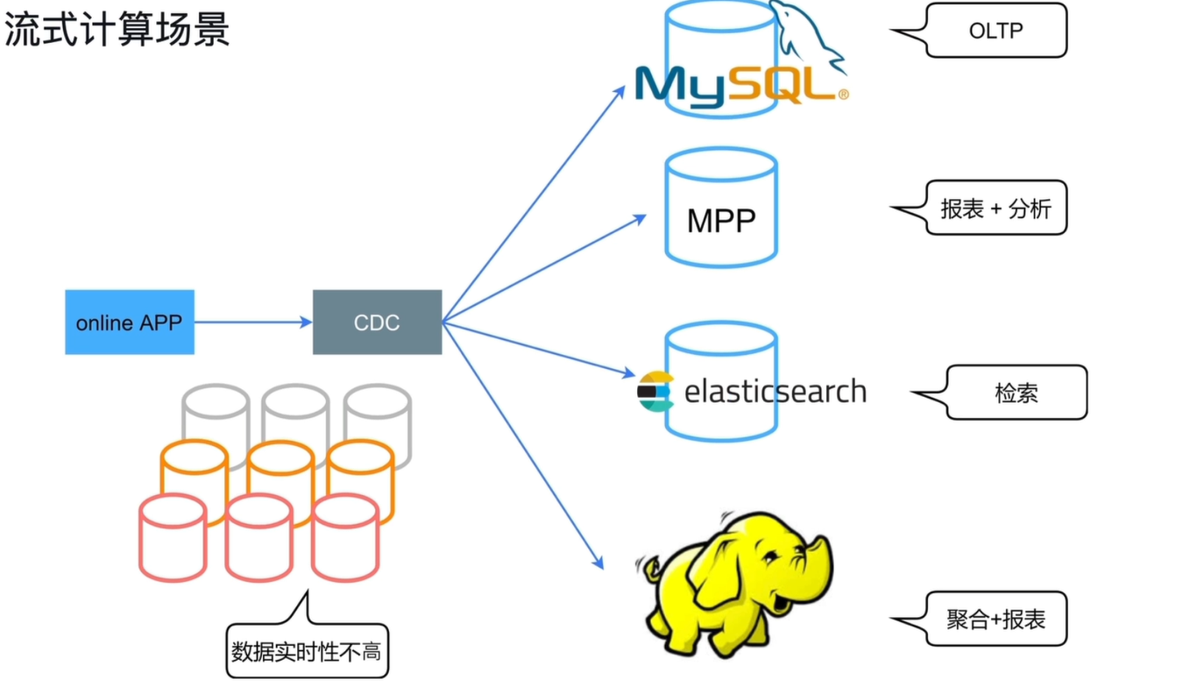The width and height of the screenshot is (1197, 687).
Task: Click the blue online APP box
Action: click(130, 322)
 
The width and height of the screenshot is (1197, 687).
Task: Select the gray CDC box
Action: click(378, 322)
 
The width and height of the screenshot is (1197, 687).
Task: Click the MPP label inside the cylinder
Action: click(721, 220)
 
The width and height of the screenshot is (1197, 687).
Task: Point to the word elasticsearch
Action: click(776, 392)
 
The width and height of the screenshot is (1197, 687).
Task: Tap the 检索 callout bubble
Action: click(999, 393)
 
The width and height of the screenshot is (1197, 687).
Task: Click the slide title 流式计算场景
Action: click(117, 30)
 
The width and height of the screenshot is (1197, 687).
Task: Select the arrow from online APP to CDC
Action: click(253, 322)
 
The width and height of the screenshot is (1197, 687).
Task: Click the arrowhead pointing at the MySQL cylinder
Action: click(620, 92)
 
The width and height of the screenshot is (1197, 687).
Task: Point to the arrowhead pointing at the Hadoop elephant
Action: click(598, 563)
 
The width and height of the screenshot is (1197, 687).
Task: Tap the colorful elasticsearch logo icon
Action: click(655, 392)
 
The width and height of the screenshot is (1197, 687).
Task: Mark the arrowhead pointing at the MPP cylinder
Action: click(640, 218)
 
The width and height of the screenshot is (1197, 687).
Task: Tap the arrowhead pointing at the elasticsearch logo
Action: click(629, 373)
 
